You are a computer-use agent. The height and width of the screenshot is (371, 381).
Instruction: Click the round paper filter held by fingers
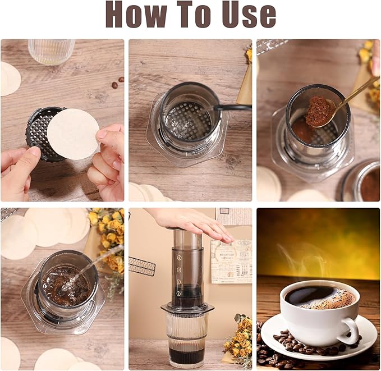pos(72,134)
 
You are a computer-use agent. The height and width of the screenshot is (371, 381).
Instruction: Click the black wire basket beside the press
pos(142,265)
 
